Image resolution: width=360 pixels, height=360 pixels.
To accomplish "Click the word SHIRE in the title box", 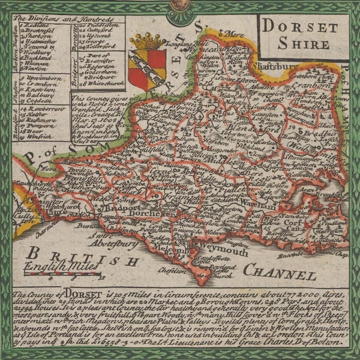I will pyautogui.click(x=304, y=44).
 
